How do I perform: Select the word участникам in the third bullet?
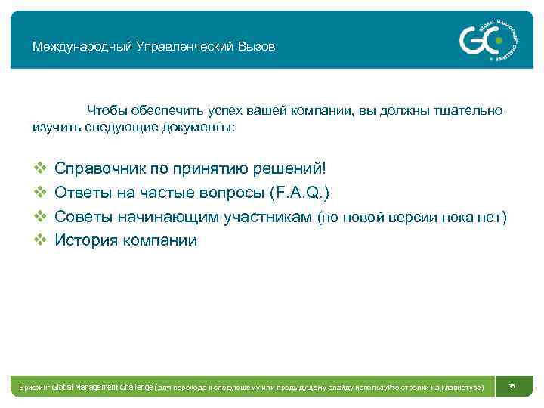click(x=268, y=217)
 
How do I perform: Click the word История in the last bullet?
click(x=85, y=241)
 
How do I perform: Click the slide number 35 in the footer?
click(x=512, y=386)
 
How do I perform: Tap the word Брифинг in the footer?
click(x=35, y=387)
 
